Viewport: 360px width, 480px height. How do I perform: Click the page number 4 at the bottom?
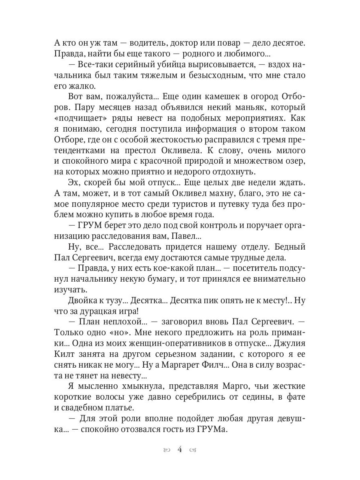[x=180, y=450]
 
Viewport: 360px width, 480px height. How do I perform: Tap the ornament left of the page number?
[x=166, y=450]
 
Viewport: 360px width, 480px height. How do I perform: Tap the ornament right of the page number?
[x=193, y=450]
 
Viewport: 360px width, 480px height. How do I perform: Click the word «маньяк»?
[x=239, y=108]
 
